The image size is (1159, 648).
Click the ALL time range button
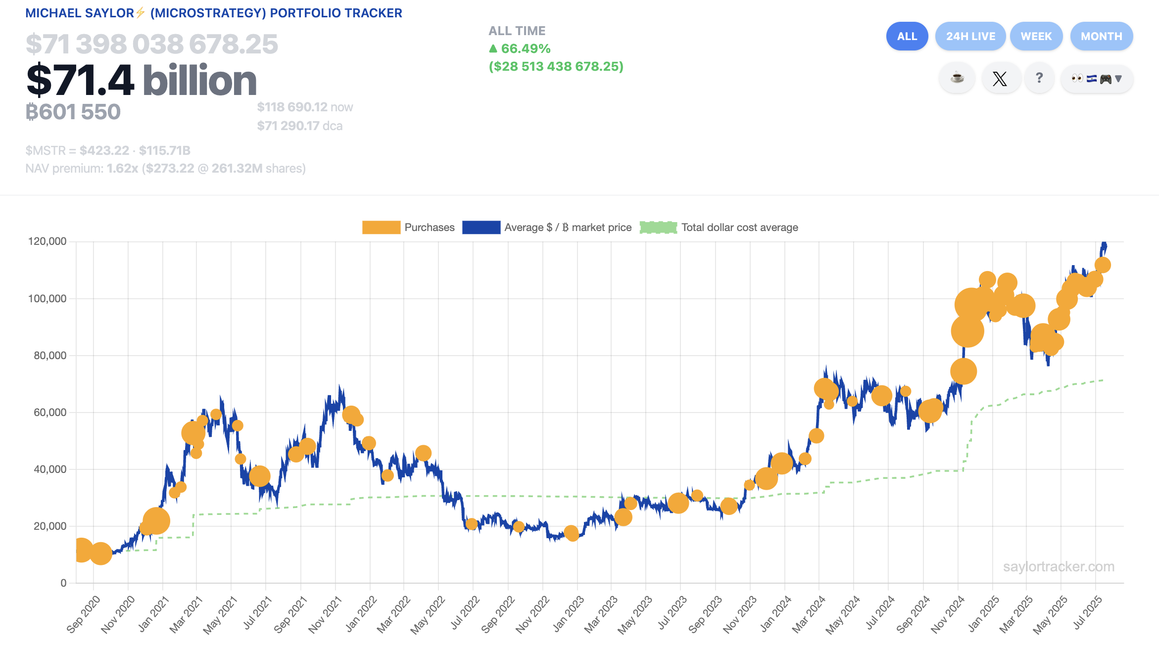907,36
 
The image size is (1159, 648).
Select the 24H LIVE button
970,36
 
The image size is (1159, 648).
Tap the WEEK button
1036,36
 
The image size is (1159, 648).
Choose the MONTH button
1101,36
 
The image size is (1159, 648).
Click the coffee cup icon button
957,78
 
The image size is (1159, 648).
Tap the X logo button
1000,78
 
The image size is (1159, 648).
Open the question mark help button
1039,78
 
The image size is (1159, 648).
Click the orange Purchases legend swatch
381,228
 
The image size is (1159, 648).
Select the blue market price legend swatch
481,228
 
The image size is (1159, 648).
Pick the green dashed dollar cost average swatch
658,228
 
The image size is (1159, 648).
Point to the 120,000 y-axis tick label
47,241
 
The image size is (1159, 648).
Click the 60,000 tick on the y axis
49,412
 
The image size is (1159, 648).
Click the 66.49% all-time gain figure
525,48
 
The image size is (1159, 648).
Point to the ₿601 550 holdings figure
73,112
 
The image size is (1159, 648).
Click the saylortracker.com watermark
1059,566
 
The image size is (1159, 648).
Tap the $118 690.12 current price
292,107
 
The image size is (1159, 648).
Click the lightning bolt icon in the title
141,12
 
